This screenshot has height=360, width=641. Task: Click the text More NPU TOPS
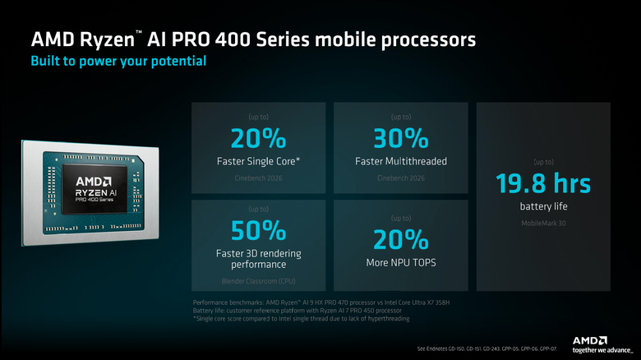(x=401, y=263)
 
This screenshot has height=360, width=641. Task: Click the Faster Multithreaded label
(x=401, y=161)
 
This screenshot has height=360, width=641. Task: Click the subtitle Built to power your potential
(x=118, y=61)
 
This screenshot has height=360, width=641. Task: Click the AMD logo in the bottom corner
(x=590, y=339)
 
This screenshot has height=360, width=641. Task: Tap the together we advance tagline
(x=591, y=351)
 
